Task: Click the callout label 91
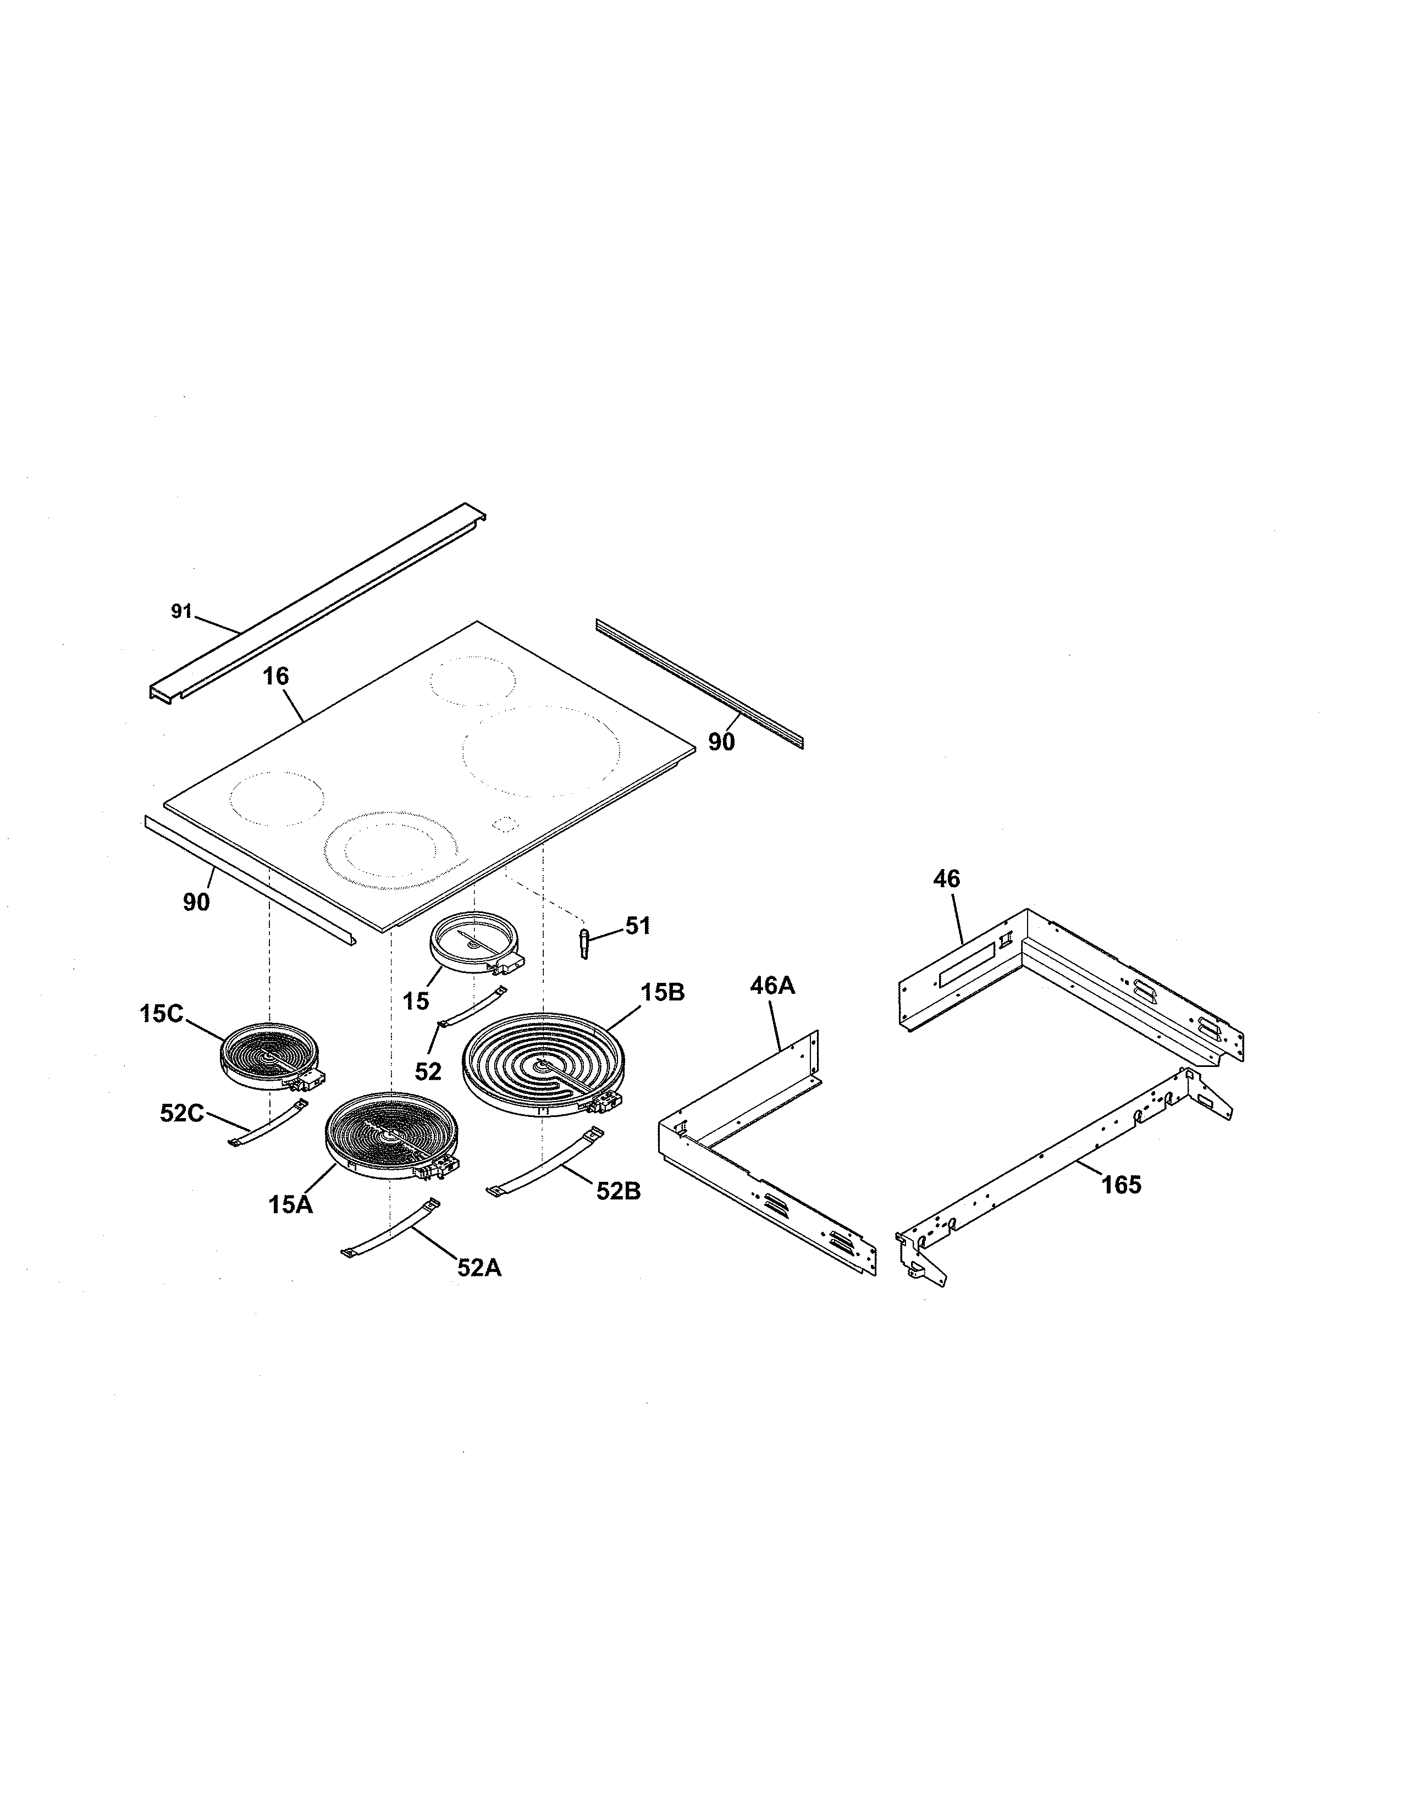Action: (181, 612)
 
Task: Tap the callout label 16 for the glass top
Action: (276, 677)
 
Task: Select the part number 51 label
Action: (638, 926)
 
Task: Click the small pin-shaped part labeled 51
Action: (584, 943)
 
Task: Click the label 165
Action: (1121, 1185)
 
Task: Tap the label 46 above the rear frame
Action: (946, 879)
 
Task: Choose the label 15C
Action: (161, 1014)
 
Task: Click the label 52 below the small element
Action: (428, 1071)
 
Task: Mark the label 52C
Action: (182, 1114)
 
